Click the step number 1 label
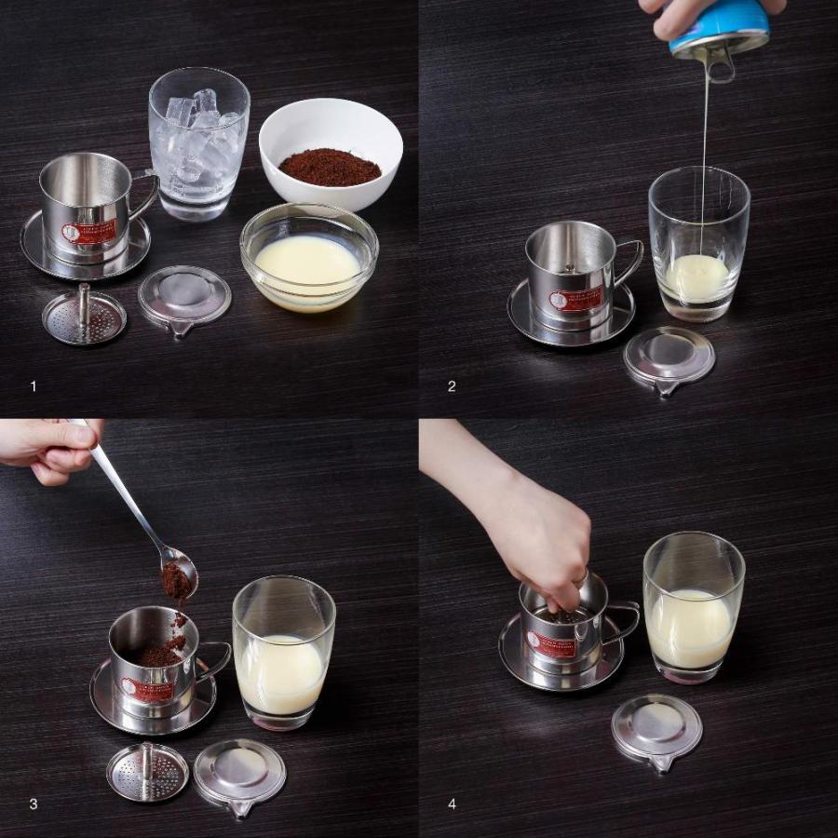click(x=34, y=385)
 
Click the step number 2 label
click(x=452, y=385)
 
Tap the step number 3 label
click(x=34, y=804)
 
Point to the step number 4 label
click(x=452, y=804)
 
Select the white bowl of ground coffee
click(x=331, y=153)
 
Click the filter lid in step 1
click(x=184, y=300)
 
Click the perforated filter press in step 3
click(x=146, y=772)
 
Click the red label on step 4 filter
click(x=551, y=643)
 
